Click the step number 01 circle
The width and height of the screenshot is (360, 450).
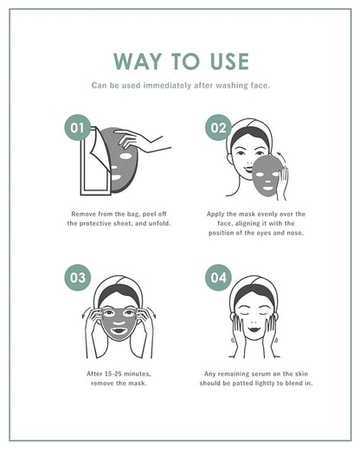tap(77, 127)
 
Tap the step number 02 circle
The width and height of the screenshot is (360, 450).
tap(218, 127)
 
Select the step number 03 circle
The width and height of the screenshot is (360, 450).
tap(77, 278)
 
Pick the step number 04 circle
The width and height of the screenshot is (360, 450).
tap(218, 278)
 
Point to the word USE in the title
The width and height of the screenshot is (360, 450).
tap(229, 61)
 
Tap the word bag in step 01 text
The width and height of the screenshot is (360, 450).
tap(133, 215)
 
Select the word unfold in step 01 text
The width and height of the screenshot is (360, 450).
tap(159, 223)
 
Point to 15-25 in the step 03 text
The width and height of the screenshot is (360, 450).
tap(113, 374)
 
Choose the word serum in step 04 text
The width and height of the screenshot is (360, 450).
tap(261, 374)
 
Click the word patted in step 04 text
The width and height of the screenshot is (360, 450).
tap(242, 383)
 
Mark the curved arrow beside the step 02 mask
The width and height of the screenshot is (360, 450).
tap(281, 159)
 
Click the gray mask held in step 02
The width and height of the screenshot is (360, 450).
tap(266, 176)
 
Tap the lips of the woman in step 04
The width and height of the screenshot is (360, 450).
tap(254, 329)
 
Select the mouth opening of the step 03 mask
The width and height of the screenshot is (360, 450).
tap(119, 331)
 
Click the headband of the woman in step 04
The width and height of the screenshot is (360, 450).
tap(254, 288)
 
